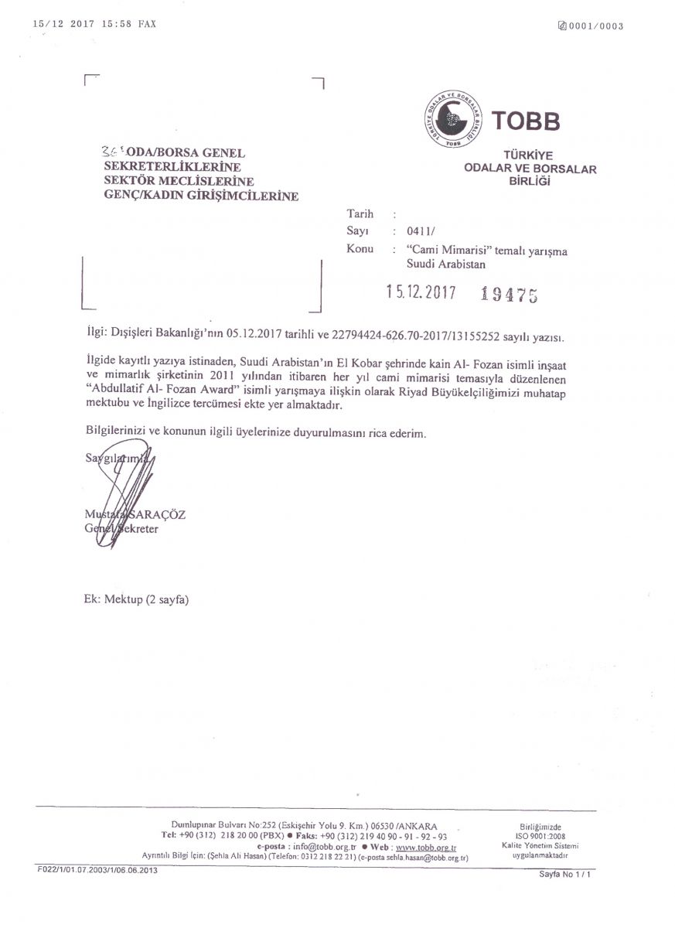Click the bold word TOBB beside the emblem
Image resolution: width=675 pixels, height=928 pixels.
(x=525, y=121)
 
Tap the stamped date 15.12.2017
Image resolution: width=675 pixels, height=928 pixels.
(x=421, y=292)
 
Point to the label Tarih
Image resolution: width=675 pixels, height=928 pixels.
(x=360, y=214)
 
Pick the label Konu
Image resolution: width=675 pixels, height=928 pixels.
(x=360, y=249)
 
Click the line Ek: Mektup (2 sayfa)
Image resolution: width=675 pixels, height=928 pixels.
(x=135, y=599)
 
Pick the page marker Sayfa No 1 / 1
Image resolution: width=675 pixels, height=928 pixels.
(x=568, y=873)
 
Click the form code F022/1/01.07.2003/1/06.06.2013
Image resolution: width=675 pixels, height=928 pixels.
(x=97, y=870)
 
